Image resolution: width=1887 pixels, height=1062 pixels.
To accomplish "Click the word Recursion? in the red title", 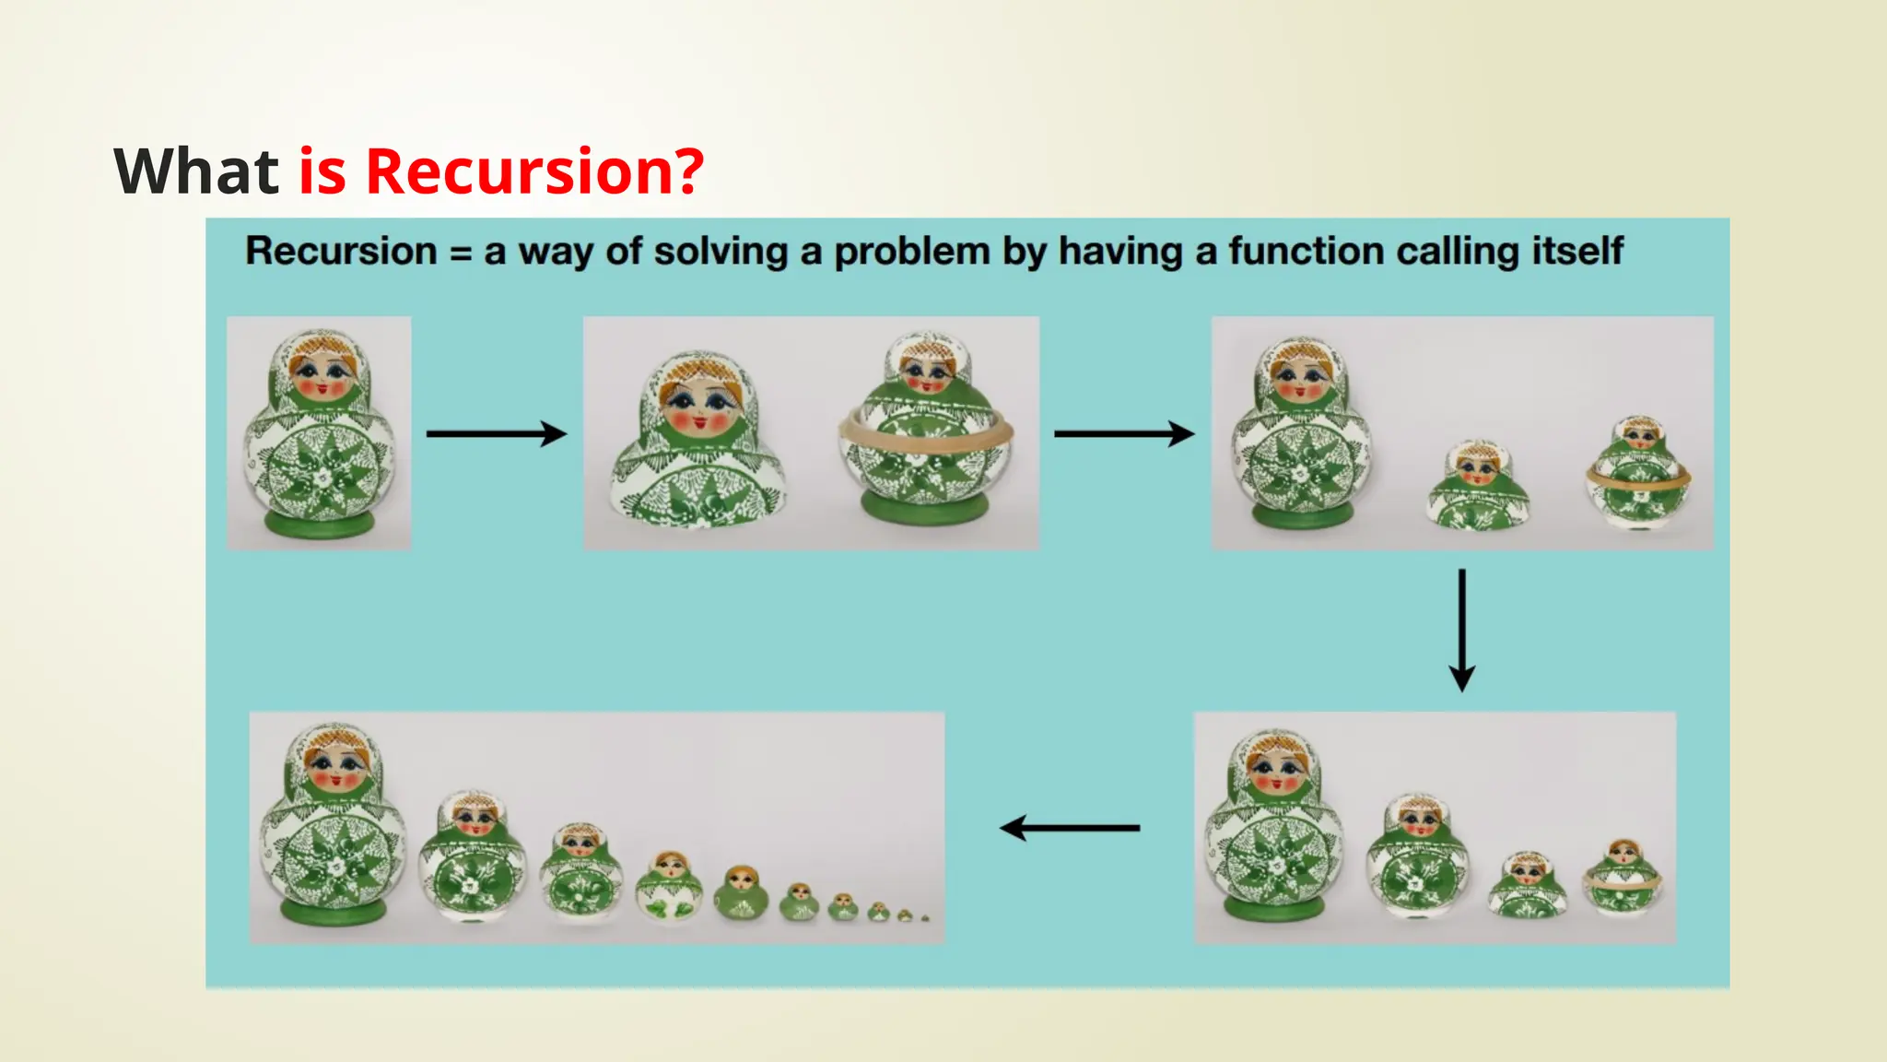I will (534, 171).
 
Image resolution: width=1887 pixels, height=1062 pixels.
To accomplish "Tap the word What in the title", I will (195, 171).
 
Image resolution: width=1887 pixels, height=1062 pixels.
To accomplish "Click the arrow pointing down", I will (1461, 631).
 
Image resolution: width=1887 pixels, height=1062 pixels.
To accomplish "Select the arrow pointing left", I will (1070, 828).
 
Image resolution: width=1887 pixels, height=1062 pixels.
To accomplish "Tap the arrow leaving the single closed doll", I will (497, 433).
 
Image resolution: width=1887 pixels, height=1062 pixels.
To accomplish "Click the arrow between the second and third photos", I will (1124, 433).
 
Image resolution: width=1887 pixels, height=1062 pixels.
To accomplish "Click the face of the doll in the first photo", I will (320, 373).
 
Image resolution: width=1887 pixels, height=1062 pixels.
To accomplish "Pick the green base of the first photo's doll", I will (320, 524).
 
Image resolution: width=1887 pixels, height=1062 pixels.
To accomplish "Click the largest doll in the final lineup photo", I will (333, 825).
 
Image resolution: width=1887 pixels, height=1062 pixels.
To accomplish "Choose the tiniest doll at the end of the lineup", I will (925, 918).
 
